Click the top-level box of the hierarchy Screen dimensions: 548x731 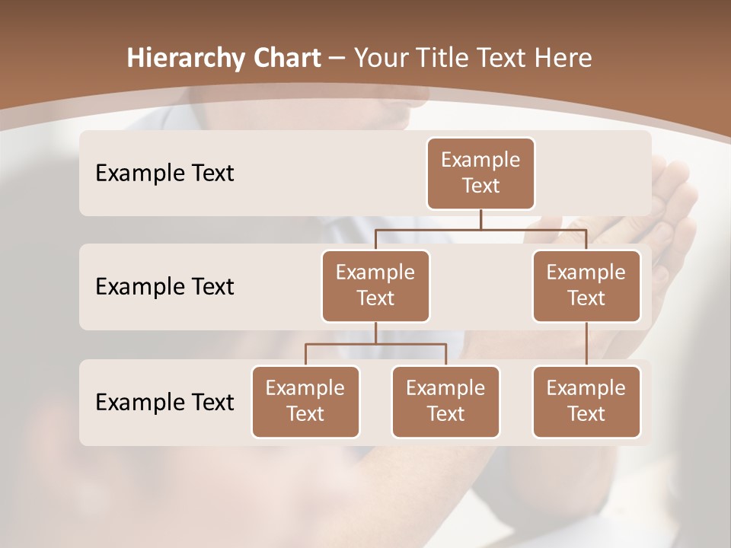pyautogui.click(x=480, y=174)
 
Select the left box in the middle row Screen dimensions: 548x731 pyautogui.click(x=375, y=286)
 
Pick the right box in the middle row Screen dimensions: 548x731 pyautogui.click(x=586, y=286)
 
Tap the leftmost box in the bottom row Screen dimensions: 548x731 pyautogui.click(x=305, y=402)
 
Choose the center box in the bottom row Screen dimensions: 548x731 pyautogui.click(x=445, y=402)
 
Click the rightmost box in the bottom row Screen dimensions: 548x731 pyautogui.click(x=586, y=402)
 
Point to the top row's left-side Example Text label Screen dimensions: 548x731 pyautogui.click(x=164, y=174)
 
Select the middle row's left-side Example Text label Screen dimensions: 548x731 pyautogui.click(x=164, y=287)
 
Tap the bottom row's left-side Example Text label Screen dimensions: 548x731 pyautogui.click(x=164, y=402)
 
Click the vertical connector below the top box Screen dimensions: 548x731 pyautogui.click(x=480, y=219)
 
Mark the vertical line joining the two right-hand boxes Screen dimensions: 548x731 pyautogui.click(x=586, y=344)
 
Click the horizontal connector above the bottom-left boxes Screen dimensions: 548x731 pyautogui.click(x=375, y=344)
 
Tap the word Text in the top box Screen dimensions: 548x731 pyautogui.click(x=480, y=186)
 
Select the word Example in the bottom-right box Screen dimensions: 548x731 pyautogui.click(x=586, y=388)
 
